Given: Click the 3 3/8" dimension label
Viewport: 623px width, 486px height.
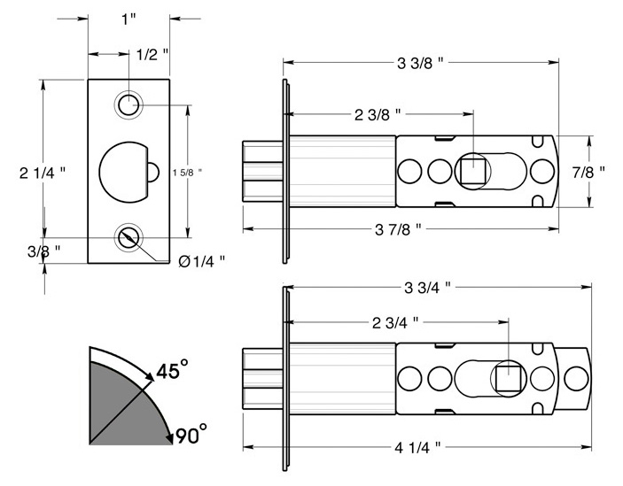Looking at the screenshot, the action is [x=420, y=63].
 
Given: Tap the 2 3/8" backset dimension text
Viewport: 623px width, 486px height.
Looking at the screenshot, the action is [x=378, y=115].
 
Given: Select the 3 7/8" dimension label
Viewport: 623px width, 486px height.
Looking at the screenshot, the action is [x=398, y=229].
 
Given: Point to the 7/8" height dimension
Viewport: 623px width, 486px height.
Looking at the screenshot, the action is [x=588, y=172].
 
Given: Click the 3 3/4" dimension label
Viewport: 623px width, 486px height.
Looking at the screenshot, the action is [x=427, y=288].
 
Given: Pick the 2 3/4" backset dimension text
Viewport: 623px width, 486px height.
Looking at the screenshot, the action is [x=395, y=323].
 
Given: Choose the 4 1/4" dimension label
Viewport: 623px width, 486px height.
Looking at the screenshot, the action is [x=417, y=448].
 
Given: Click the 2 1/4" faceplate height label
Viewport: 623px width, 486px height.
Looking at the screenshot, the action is [x=43, y=173].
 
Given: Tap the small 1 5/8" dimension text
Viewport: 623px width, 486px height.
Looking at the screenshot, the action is [x=188, y=173].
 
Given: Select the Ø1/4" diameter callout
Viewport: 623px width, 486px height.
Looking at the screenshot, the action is [x=202, y=261].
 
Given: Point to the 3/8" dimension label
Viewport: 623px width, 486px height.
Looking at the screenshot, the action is [x=44, y=251].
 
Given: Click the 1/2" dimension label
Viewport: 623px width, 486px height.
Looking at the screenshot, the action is [x=152, y=55].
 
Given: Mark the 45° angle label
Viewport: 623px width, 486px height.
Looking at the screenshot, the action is [x=172, y=370].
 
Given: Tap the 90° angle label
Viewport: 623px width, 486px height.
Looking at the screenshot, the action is [x=191, y=434].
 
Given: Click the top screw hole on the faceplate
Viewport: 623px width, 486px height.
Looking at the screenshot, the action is [x=128, y=105].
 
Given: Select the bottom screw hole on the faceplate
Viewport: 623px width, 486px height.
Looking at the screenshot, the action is [x=128, y=237].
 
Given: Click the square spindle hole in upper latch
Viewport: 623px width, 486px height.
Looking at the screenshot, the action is [x=473, y=172].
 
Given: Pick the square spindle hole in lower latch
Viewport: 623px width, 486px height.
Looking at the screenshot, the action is [x=509, y=379].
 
